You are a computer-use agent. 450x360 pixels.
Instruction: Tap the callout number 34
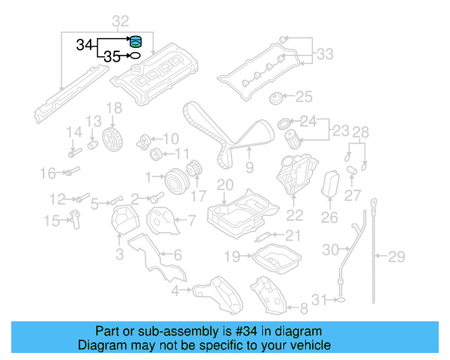[84, 46]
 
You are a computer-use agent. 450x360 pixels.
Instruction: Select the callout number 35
[112, 57]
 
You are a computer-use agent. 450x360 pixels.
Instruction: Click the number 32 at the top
[120, 21]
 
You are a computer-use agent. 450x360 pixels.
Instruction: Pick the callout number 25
[303, 96]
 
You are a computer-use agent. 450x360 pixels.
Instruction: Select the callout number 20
[224, 185]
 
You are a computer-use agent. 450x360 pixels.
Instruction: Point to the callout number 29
[397, 257]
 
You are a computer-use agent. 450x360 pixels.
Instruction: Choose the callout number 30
[330, 250]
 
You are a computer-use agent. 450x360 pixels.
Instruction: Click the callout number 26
[330, 218]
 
